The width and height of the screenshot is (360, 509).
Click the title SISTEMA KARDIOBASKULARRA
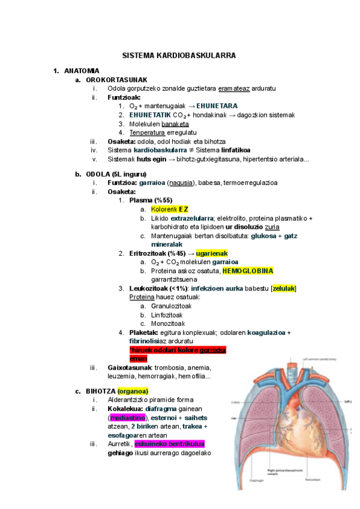[179, 55]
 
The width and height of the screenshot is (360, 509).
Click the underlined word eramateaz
[234, 89]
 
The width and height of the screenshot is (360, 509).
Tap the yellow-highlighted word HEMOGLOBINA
[248, 271]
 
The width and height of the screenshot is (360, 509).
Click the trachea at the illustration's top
[292, 375]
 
